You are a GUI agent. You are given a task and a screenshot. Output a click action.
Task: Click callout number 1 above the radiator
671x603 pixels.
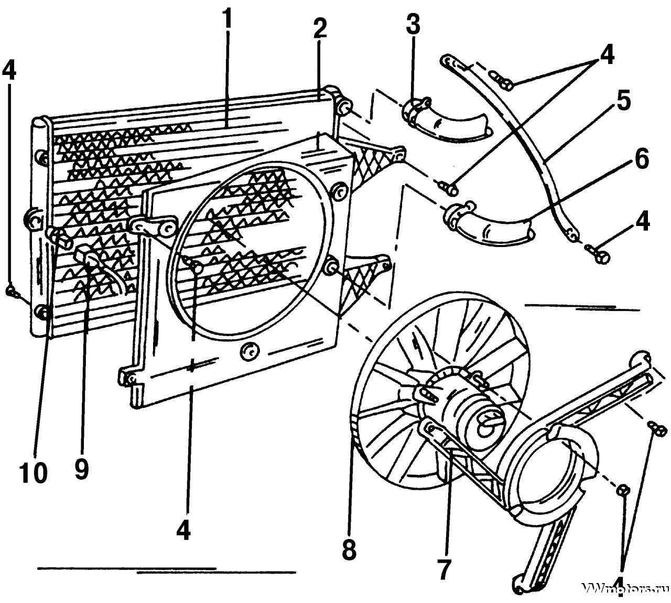coord(226,20)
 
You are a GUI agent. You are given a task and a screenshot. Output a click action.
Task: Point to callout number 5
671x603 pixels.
coord(623,103)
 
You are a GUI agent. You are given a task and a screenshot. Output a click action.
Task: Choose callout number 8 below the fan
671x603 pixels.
coord(349,550)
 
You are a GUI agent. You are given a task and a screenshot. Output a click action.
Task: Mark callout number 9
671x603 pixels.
coord(81,468)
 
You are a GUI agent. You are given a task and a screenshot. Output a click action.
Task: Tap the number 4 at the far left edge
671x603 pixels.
coord(9,72)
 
